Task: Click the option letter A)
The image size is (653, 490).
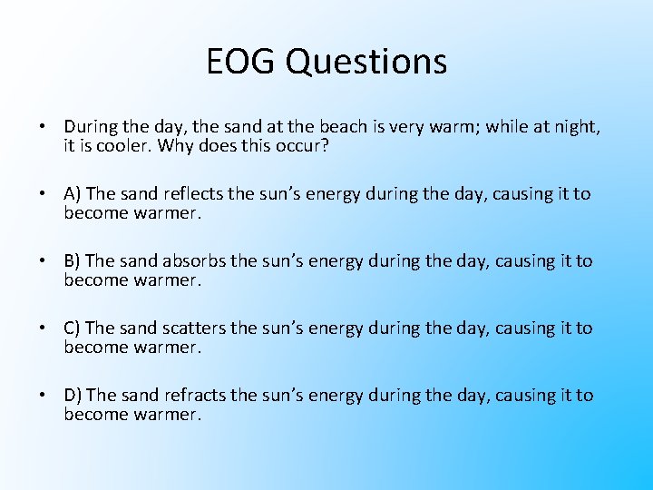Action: (73, 194)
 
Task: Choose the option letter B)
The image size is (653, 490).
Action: (73, 261)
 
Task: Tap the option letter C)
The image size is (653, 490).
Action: (73, 328)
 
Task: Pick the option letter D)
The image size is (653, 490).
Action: (73, 396)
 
